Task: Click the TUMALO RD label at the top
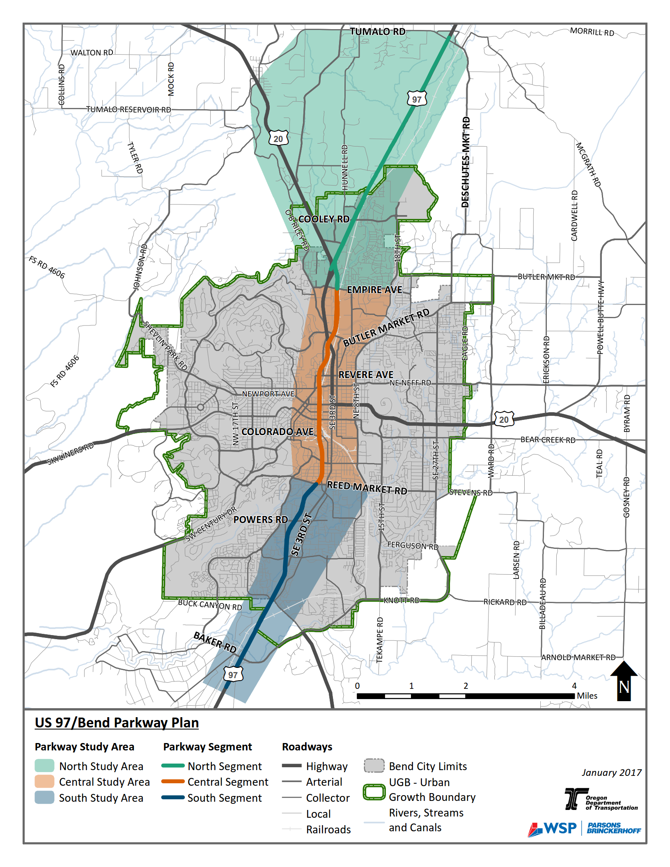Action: click(x=377, y=32)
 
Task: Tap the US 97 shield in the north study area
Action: click(x=417, y=99)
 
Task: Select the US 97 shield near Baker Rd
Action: click(x=233, y=674)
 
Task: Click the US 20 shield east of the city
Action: click(x=504, y=420)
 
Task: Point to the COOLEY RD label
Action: click(x=324, y=219)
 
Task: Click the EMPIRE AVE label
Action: click(x=374, y=290)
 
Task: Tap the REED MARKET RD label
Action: click(x=367, y=488)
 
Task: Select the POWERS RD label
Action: click(x=261, y=520)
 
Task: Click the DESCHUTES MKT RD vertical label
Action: click(x=466, y=162)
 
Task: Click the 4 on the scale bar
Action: click(x=574, y=686)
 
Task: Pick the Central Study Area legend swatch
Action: click(x=44, y=782)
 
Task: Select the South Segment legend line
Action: click(x=173, y=798)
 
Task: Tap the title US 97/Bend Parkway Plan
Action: click(x=117, y=722)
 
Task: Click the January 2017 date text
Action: click(x=611, y=773)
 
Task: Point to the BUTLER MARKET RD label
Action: click(x=386, y=328)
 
